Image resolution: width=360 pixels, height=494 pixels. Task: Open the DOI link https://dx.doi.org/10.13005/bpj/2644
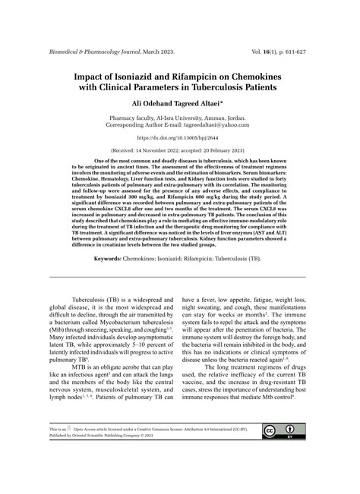(x=179, y=138)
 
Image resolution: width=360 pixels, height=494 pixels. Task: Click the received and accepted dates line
(x=179, y=150)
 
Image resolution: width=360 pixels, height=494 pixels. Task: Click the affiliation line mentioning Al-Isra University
(x=179, y=118)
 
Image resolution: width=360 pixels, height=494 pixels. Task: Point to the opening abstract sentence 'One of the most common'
(x=129, y=162)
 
